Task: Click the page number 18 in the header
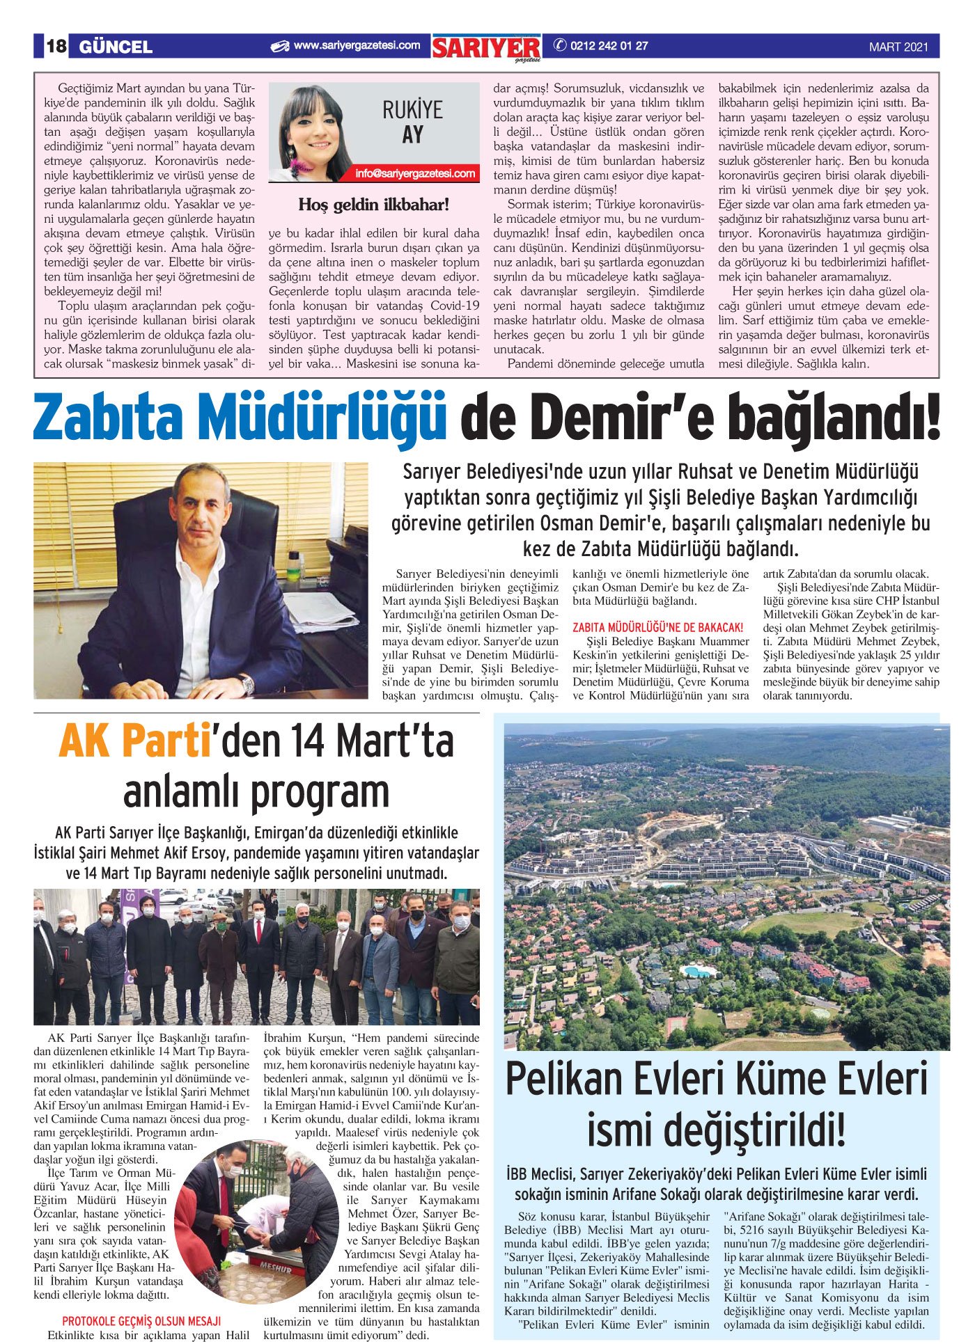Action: pos(56,47)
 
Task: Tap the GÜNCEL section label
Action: pos(116,47)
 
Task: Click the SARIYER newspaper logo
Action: pos(486,48)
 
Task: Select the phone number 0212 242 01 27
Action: pos(609,46)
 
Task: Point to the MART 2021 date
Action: pos(898,47)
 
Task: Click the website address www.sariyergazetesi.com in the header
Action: pos(357,46)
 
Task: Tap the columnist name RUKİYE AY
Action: pos(412,122)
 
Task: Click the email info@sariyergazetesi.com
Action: pos(415,173)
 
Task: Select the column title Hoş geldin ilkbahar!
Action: pos(374,205)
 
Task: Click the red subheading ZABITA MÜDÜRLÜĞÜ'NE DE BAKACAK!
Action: pos(657,628)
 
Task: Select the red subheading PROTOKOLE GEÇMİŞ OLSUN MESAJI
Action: pos(141,1321)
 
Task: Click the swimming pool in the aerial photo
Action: pos(693,971)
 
